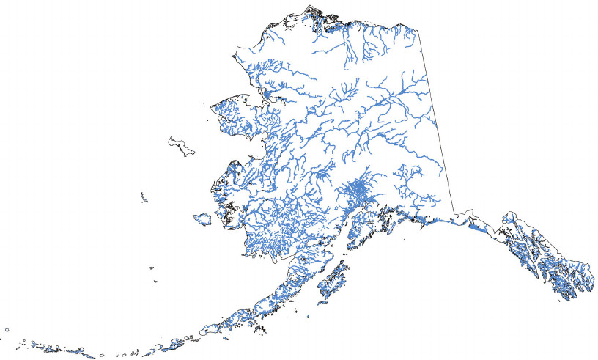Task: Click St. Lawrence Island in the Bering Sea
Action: [181, 145]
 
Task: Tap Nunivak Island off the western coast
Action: [202, 219]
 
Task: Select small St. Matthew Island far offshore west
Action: [144, 196]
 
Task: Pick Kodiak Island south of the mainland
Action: [333, 282]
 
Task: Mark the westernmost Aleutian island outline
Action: [7, 331]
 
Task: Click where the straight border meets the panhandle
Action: [456, 213]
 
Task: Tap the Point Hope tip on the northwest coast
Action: [234, 56]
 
